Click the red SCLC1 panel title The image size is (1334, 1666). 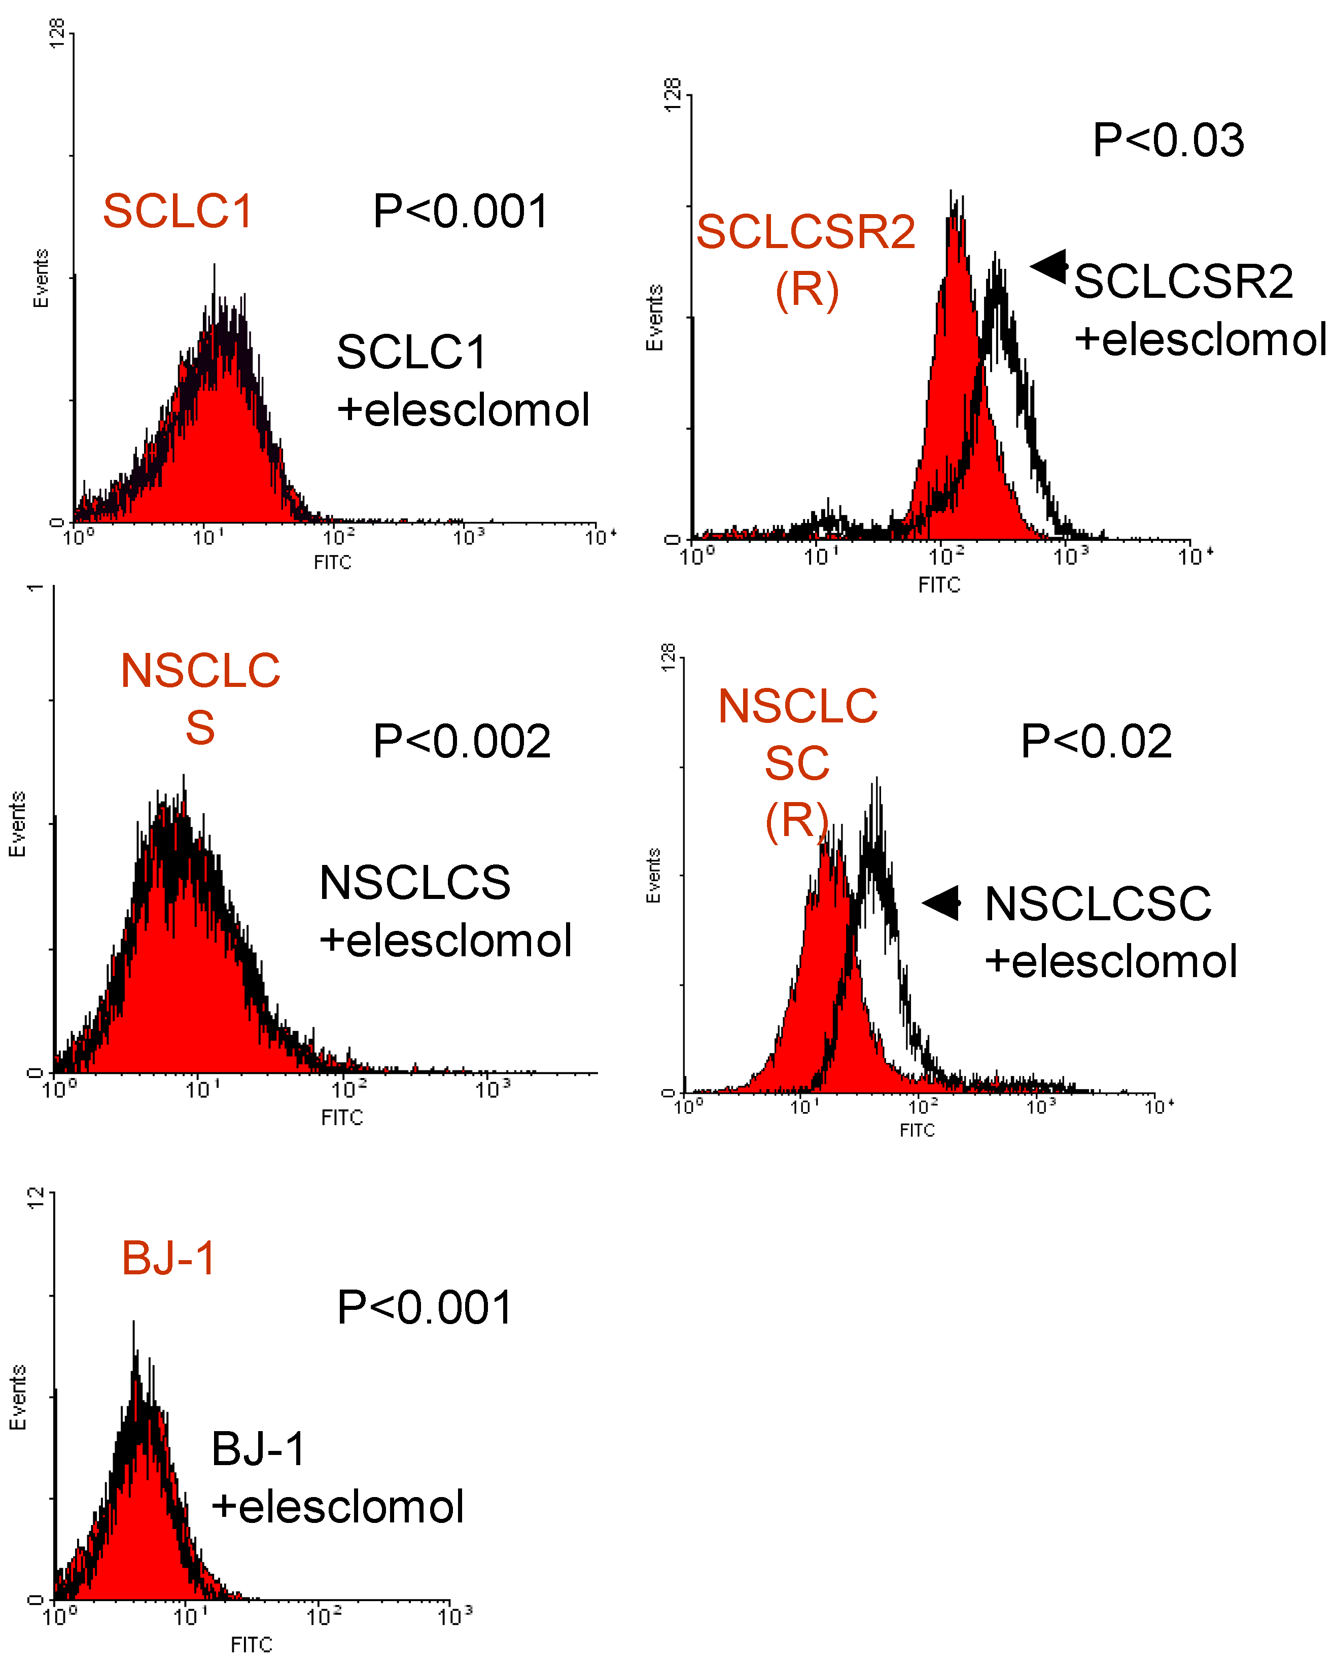tap(178, 211)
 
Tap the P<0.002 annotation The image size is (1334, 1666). tap(461, 742)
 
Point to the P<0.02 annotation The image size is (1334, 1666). tap(1095, 742)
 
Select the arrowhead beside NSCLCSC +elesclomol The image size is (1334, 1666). tap(941, 903)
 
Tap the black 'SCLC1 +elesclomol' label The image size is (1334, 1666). tap(463, 380)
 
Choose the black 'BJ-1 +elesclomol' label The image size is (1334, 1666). tap(337, 1477)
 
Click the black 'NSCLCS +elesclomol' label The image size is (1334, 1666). tap(445, 911)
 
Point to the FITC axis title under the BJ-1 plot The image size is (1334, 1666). tap(252, 1644)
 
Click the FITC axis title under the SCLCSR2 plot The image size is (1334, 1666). tap(939, 585)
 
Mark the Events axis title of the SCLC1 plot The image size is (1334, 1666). tap(40, 278)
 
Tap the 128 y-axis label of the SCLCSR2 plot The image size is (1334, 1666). tap(673, 94)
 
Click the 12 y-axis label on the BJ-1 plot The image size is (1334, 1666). tap(36, 1198)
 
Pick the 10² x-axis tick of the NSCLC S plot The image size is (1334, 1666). tap(349, 1090)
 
